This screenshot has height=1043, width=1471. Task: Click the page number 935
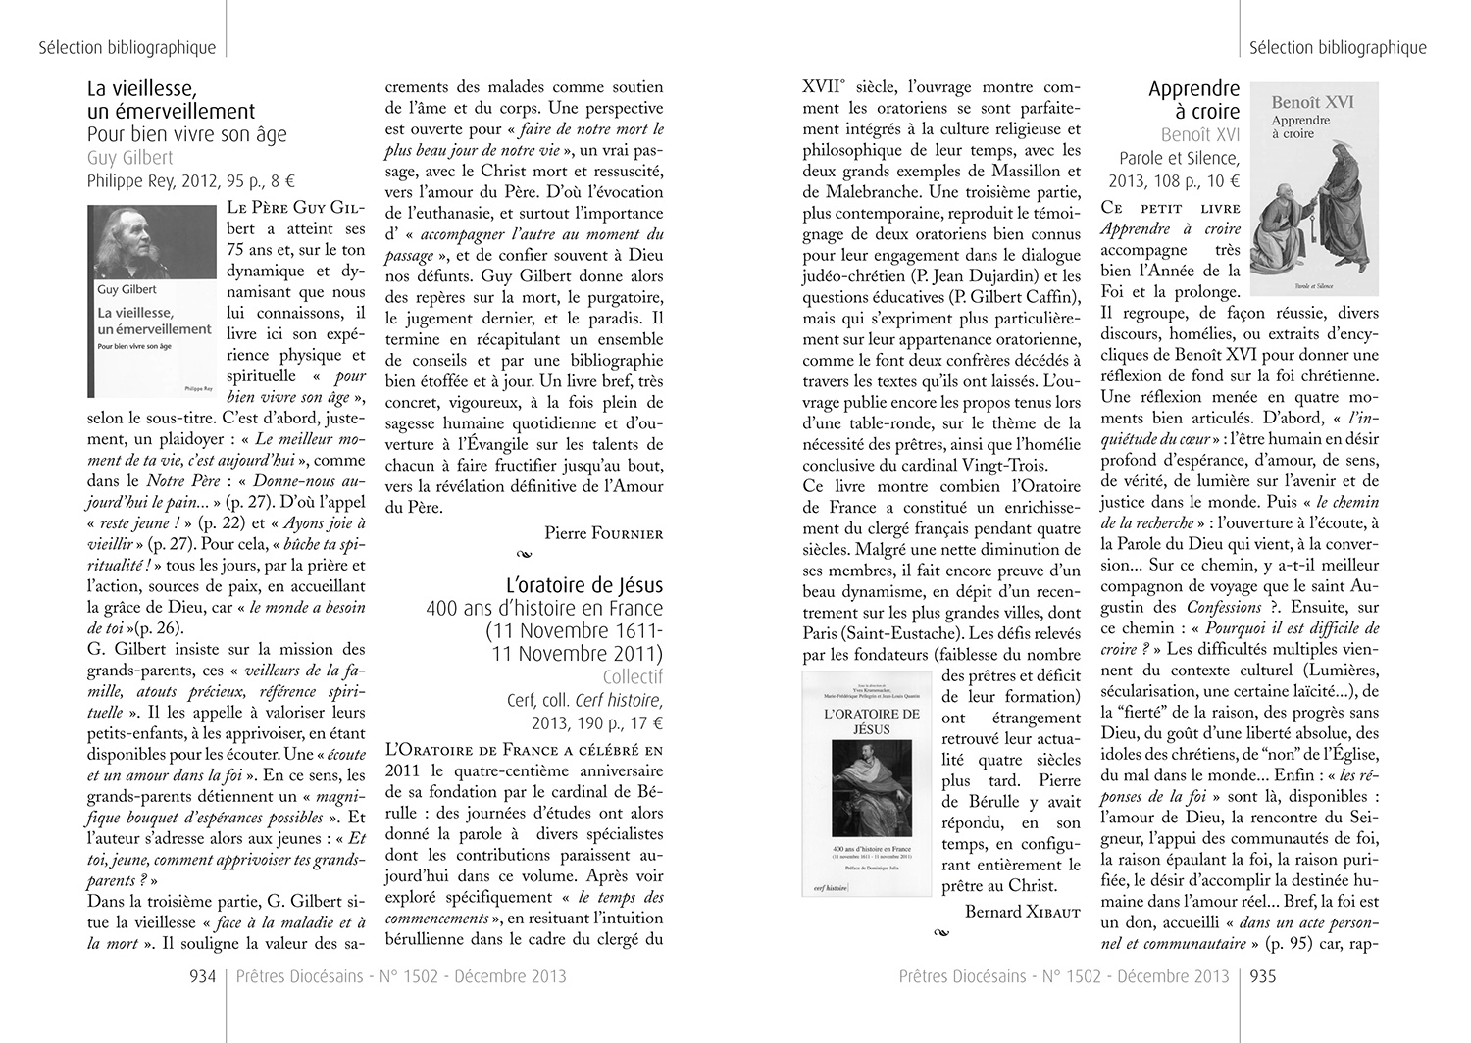tap(1260, 976)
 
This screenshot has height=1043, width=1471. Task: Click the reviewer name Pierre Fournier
tap(604, 532)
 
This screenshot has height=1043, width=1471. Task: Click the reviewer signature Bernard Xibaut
tap(1023, 912)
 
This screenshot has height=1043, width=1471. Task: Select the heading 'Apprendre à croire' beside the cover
tap(1193, 100)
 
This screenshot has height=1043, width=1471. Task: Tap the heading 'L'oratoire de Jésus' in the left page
tap(584, 585)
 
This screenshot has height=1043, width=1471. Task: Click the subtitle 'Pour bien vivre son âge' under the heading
tap(186, 133)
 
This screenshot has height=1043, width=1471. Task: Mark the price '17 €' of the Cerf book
tap(645, 723)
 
